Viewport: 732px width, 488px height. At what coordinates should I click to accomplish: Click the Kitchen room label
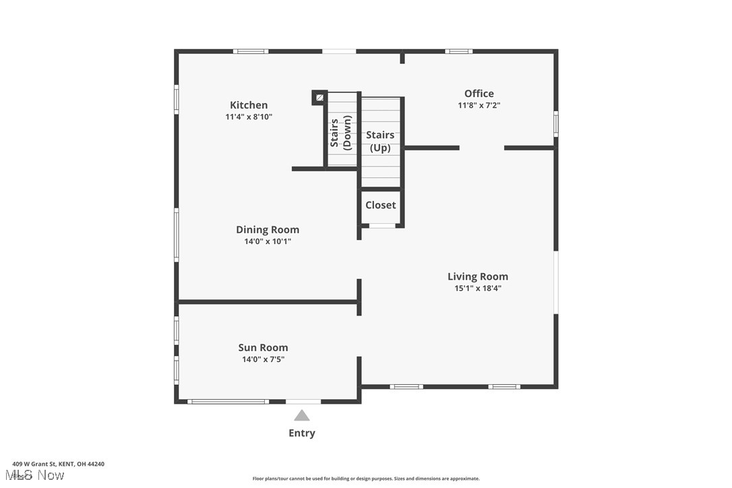[x=249, y=105]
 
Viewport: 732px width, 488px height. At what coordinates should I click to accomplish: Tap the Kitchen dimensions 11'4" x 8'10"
[x=249, y=117]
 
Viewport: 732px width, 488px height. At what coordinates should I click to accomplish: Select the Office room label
[x=479, y=94]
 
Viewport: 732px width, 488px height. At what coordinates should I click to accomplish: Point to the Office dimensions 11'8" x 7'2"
[x=479, y=105]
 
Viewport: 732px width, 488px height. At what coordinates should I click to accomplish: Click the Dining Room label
[x=268, y=230]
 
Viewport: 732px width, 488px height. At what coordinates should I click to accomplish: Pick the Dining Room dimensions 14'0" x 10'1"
[x=268, y=241]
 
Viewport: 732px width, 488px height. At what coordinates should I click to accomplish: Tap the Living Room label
[x=478, y=276]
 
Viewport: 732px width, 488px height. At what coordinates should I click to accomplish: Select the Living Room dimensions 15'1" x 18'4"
[x=478, y=288]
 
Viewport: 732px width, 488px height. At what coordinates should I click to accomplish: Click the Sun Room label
[x=263, y=348]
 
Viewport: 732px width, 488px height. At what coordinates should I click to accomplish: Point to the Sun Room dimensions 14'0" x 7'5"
[x=263, y=359]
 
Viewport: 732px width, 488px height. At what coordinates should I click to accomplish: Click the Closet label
[x=381, y=205]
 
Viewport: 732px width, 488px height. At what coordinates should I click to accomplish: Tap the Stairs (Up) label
[x=380, y=142]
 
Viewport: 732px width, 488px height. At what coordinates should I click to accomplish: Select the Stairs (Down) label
[x=341, y=133]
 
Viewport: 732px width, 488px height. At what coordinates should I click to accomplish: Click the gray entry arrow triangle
[x=302, y=416]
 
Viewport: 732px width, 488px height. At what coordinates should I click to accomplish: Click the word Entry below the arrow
[x=302, y=433]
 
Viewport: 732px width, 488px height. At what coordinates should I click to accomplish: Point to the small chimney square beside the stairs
[x=319, y=98]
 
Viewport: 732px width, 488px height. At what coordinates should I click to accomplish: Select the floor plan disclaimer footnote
[x=366, y=479]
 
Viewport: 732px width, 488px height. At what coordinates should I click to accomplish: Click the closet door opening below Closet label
[x=382, y=225]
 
